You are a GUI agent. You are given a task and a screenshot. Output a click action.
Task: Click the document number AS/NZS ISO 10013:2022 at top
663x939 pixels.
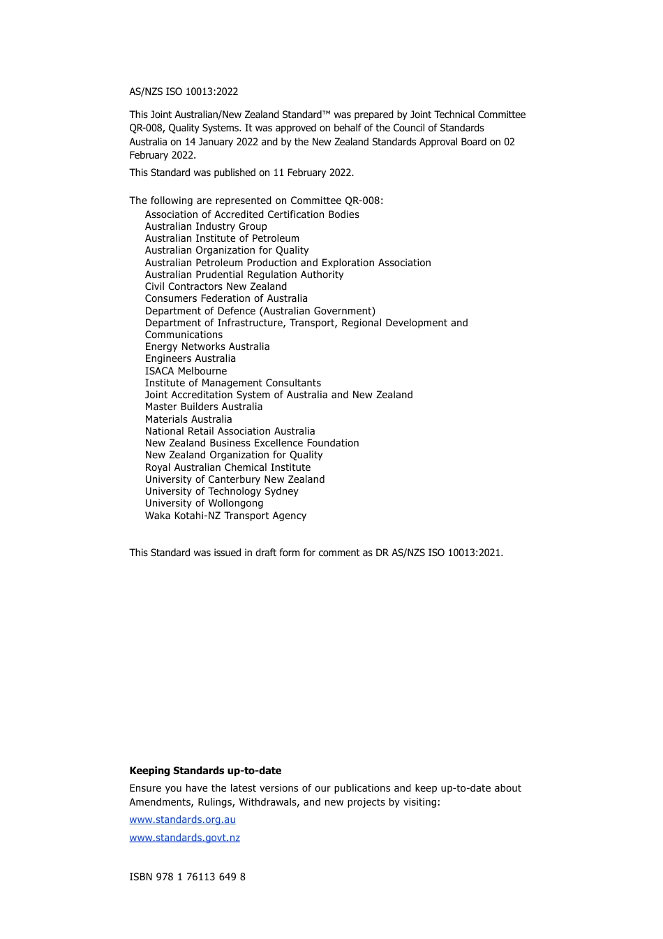pyautogui.click(x=184, y=92)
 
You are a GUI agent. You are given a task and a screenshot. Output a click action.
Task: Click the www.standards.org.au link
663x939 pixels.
pyautogui.click(x=182, y=820)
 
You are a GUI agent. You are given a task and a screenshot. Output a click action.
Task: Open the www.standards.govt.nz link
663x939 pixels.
pyautogui.click(x=184, y=838)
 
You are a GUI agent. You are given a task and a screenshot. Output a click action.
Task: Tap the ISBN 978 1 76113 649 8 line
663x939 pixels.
pyautogui.click(x=187, y=877)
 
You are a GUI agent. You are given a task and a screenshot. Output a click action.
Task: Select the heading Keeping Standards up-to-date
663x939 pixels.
pyautogui.click(x=205, y=771)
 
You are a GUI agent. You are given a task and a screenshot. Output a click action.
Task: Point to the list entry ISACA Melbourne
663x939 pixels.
pyautogui.click(x=186, y=371)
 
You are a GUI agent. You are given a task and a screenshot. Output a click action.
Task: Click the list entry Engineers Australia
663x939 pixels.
pyautogui.click(x=190, y=358)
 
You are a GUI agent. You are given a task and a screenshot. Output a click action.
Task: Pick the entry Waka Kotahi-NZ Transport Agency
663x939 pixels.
pyautogui.click(x=225, y=516)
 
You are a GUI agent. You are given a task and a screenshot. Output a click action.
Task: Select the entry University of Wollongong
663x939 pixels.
pyautogui.click(x=204, y=503)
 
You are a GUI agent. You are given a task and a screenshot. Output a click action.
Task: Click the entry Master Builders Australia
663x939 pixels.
pyautogui.click(x=204, y=407)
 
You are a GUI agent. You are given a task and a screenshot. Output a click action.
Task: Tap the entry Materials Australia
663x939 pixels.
pyautogui.click(x=188, y=419)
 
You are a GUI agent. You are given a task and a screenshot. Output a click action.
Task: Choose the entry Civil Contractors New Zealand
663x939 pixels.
pyautogui.click(x=216, y=286)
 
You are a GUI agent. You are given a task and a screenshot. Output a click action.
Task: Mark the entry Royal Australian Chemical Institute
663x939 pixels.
pyautogui.click(x=228, y=467)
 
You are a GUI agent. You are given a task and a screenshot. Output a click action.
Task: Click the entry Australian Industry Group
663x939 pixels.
pyautogui.click(x=206, y=226)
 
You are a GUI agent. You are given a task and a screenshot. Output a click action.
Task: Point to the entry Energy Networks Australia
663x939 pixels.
pyautogui.click(x=207, y=347)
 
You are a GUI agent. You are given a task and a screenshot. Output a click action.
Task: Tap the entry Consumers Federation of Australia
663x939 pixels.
pyautogui.click(x=226, y=298)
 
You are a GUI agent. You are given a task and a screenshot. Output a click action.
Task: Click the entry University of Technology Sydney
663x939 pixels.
pyautogui.click(x=221, y=491)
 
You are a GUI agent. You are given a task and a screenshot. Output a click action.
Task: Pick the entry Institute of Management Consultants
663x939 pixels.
pyautogui.click(x=233, y=383)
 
